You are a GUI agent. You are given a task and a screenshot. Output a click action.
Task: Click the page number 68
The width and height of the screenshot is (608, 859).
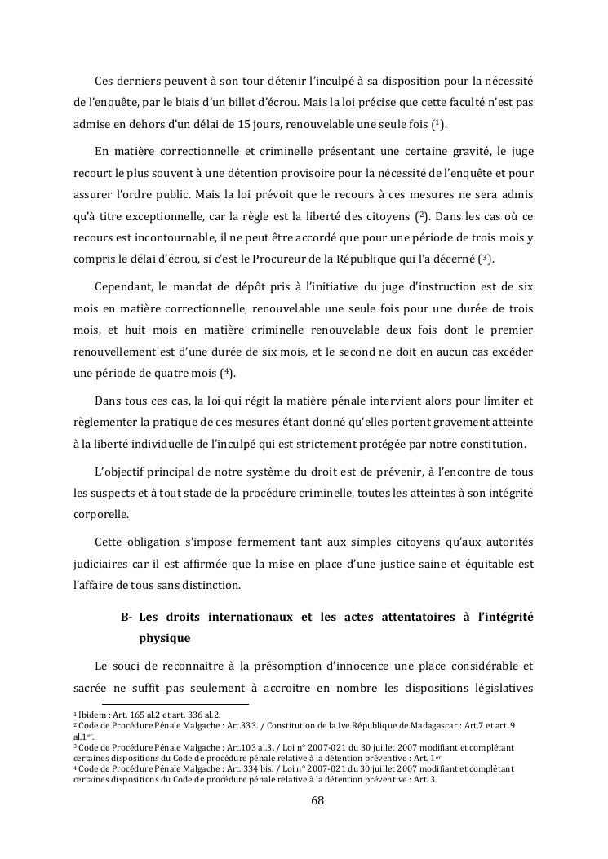point(318,800)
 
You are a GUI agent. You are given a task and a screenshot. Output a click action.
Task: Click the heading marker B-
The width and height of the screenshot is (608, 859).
point(126,618)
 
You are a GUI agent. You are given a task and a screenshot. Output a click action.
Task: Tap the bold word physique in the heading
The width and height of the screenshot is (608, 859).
point(164,639)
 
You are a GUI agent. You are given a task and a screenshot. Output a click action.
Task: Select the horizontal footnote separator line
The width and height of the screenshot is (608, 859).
point(175,703)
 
